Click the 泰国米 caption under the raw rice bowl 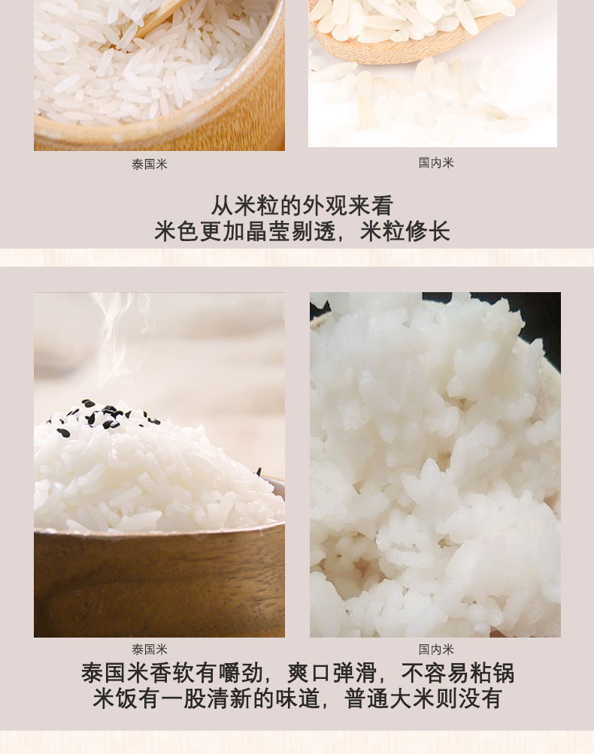click(150, 164)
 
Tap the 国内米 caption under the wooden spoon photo click(436, 163)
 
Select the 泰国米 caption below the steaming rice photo click(150, 650)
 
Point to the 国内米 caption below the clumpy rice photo click(436, 650)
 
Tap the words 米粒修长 click(405, 231)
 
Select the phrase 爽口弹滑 click(332, 673)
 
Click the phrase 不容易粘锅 click(458, 673)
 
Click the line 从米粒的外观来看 click(302, 206)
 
